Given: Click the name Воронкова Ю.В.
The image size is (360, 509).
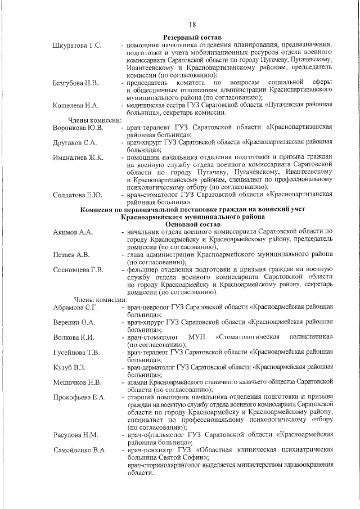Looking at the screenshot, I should (78, 128).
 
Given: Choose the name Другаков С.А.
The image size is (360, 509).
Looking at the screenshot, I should (75, 143).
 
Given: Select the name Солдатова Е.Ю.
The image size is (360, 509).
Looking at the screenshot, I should (77, 195).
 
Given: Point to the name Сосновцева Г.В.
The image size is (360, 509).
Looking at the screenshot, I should (78, 270).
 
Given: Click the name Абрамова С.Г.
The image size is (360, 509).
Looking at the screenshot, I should (76, 307).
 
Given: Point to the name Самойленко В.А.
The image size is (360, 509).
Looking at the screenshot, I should (80, 449).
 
